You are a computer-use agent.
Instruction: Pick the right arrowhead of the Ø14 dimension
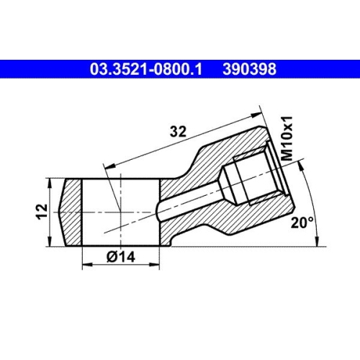(x=156, y=264)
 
